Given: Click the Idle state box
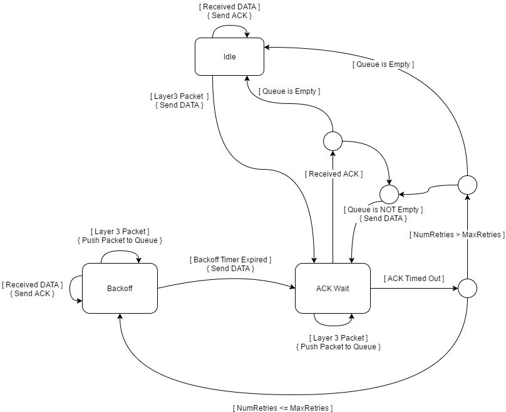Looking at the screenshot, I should [229, 57].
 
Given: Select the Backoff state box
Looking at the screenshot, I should [119, 288].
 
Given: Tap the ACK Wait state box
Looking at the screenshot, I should [332, 288].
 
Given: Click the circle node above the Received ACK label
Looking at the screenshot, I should [333, 141].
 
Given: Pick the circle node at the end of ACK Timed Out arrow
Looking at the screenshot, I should [467, 288].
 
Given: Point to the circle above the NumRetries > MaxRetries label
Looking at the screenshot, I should [467, 185].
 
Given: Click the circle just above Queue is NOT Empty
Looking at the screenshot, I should [389, 194].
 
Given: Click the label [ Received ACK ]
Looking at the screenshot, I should [334, 173].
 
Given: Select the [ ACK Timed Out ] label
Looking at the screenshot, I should [414, 278].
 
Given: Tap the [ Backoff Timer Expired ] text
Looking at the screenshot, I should [230, 259].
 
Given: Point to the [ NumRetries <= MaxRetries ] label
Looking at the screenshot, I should [282, 408].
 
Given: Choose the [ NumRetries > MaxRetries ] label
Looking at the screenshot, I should [457, 235].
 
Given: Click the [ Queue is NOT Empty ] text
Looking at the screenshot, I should [383, 209].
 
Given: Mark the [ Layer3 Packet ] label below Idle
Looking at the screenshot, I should [179, 96].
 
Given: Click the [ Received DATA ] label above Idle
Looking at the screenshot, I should [229, 7].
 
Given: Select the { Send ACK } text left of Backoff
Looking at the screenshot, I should [32, 293].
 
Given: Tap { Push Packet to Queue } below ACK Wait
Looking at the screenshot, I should [338, 346].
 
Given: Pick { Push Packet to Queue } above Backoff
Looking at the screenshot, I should [120, 240].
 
